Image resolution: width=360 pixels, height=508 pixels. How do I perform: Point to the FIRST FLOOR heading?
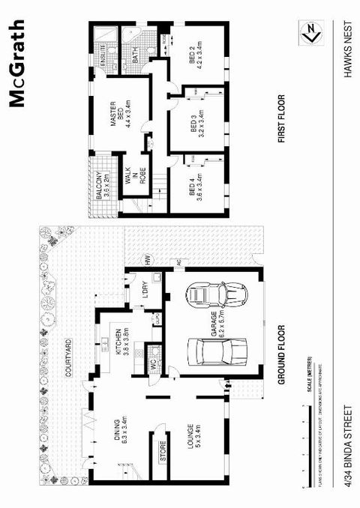282,118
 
